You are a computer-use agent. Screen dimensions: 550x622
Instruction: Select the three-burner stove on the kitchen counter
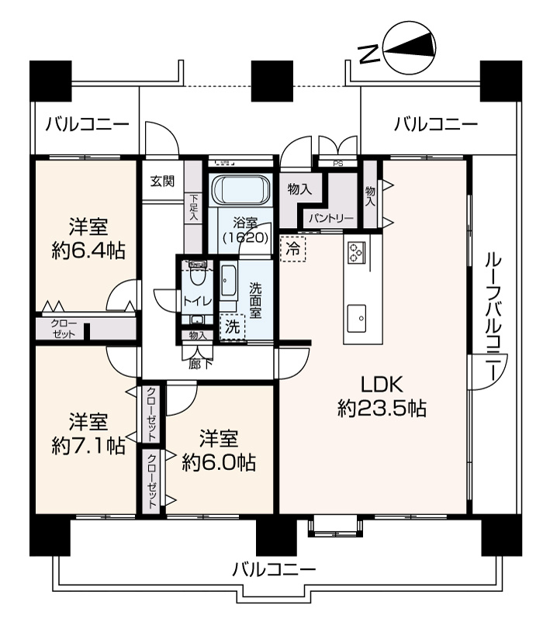[355, 252]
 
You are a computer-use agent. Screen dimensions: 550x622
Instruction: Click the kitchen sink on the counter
[357, 318]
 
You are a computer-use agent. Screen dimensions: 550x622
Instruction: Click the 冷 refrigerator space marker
[293, 249]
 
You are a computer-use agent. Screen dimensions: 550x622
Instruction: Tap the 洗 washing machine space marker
[233, 327]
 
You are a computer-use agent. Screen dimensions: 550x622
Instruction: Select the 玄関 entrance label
[162, 181]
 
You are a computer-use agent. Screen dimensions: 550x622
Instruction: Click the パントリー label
[331, 219]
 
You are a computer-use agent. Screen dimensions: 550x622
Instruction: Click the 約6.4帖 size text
[88, 251]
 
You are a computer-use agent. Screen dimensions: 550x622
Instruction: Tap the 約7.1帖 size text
[88, 447]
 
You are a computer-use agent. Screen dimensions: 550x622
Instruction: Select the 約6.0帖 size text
[219, 462]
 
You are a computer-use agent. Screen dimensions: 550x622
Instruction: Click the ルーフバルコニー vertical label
[493, 319]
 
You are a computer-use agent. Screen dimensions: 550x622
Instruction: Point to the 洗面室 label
[255, 300]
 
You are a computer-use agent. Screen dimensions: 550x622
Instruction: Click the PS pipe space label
[338, 164]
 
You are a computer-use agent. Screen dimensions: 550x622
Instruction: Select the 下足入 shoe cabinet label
[194, 208]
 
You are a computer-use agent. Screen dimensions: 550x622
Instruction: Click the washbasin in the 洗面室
[227, 281]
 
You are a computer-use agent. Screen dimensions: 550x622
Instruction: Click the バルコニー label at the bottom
[274, 571]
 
